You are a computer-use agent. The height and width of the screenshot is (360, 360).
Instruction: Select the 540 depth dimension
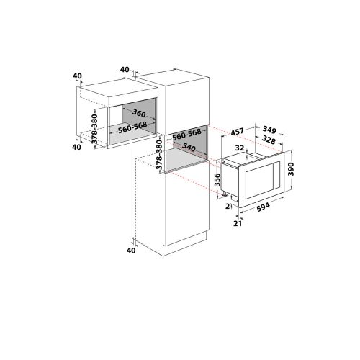click(190, 146)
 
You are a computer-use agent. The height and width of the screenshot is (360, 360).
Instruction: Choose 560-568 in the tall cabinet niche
click(187, 134)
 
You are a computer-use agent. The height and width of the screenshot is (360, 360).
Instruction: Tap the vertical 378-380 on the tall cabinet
click(160, 156)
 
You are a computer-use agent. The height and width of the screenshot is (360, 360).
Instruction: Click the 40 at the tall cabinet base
click(130, 251)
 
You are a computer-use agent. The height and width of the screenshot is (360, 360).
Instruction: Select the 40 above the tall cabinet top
click(125, 70)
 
